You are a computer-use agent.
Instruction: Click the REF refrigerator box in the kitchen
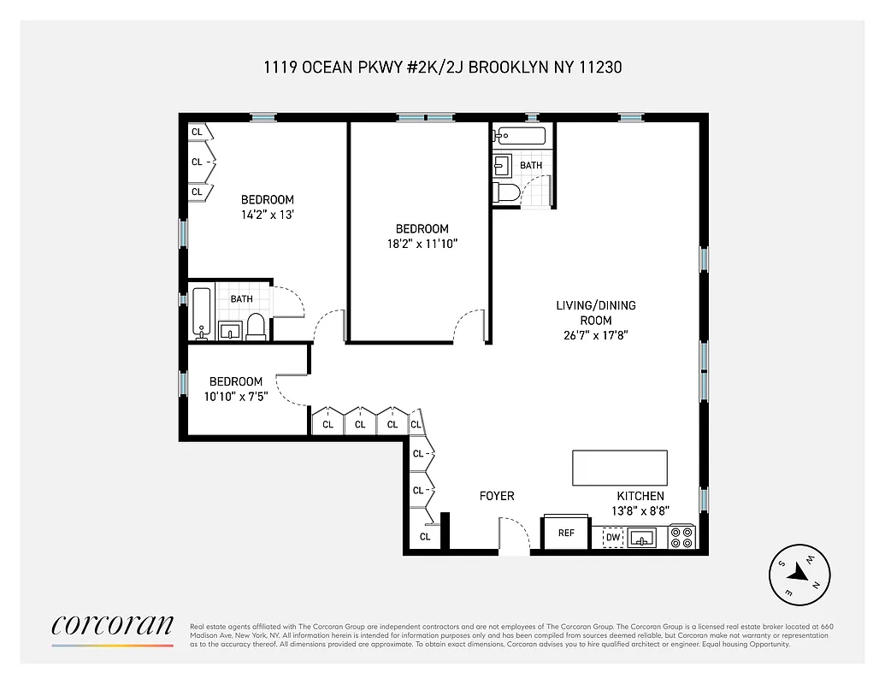pyautogui.click(x=566, y=533)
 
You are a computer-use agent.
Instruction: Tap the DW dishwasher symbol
pyautogui.click(x=611, y=538)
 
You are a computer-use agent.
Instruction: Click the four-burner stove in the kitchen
pyautogui.click(x=681, y=537)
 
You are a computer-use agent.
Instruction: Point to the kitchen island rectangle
pyautogui.click(x=619, y=468)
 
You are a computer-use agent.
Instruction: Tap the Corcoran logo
pyautogui.click(x=112, y=626)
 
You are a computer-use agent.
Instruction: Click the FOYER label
pyautogui.click(x=496, y=496)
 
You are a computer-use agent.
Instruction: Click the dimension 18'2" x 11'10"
pyautogui.click(x=422, y=244)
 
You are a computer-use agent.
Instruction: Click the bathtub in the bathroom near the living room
pyautogui.click(x=520, y=135)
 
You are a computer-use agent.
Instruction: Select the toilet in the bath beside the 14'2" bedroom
pyautogui.click(x=255, y=325)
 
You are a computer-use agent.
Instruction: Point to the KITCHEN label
pyautogui.click(x=640, y=496)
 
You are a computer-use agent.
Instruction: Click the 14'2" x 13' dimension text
pyautogui.click(x=267, y=215)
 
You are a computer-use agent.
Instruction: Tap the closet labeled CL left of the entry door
pyautogui.click(x=425, y=536)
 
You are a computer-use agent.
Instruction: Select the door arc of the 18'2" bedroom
pyautogui.click(x=469, y=324)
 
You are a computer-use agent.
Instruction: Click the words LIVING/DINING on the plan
pyautogui.click(x=596, y=305)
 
